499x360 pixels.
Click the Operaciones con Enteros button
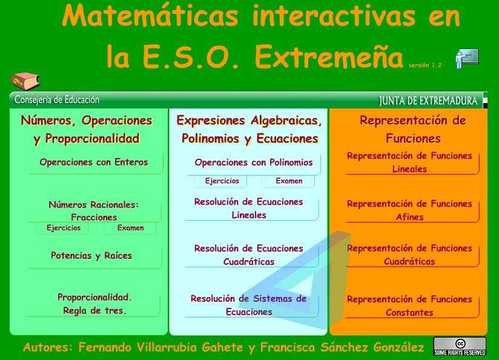point(94,162)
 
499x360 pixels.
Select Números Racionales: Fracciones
point(94,211)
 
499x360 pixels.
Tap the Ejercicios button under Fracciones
point(63,228)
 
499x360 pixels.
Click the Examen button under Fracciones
point(130,228)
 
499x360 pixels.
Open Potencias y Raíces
point(91,256)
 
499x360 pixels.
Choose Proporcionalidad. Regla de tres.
point(94,304)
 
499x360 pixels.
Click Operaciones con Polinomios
point(254,162)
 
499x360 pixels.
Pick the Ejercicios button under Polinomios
point(222,181)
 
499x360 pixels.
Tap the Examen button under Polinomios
point(289,181)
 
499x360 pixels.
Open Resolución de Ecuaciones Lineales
point(249,208)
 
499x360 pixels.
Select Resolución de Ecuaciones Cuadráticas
point(249,255)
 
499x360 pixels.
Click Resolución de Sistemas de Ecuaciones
point(249,305)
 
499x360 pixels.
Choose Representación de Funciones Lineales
point(409,162)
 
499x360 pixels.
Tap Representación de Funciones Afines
point(409,210)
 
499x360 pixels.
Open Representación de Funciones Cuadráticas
point(409,255)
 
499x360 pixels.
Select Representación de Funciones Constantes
point(409,306)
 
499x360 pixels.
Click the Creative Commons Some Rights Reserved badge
point(460,346)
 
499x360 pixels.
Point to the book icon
point(25,81)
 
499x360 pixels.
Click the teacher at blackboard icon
point(466,58)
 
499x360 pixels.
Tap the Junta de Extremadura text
point(428,101)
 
